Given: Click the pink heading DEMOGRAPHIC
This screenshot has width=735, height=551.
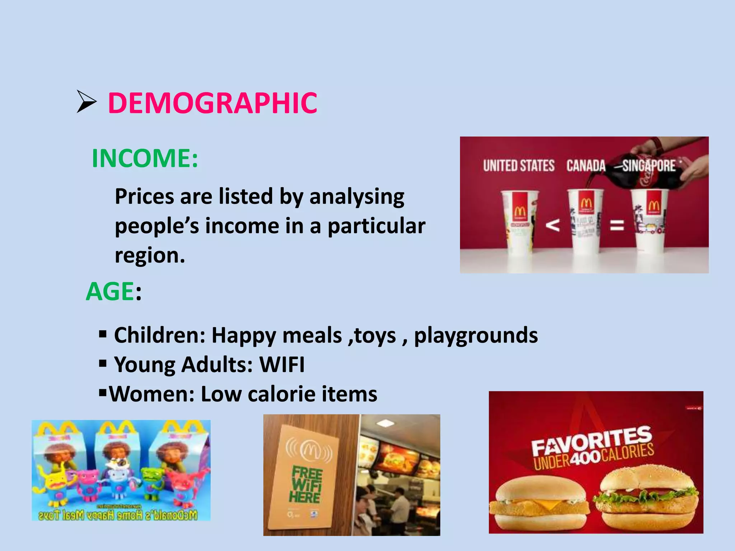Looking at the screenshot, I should click(x=212, y=103).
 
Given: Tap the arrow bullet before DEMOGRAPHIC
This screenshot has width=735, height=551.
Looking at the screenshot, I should click(x=86, y=102).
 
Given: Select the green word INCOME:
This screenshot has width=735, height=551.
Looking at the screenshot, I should click(x=145, y=158).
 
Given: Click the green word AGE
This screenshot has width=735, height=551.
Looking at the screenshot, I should click(x=110, y=291).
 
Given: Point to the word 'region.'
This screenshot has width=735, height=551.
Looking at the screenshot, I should click(x=150, y=255).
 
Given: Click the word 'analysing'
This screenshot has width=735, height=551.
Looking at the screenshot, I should click(x=357, y=197).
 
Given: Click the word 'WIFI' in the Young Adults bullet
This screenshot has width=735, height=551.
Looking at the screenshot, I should click(x=282, y=365).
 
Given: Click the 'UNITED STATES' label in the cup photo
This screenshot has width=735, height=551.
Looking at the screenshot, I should click(x=519, y=166).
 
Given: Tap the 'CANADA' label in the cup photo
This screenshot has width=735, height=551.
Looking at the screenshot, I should click(x=586, y=166).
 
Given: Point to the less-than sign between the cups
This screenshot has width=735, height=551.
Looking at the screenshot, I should click(x=553, y=225).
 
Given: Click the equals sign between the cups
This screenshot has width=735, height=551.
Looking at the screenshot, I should click(x=617, y=225).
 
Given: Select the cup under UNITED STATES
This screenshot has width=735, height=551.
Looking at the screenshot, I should click(x=519, y=222).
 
